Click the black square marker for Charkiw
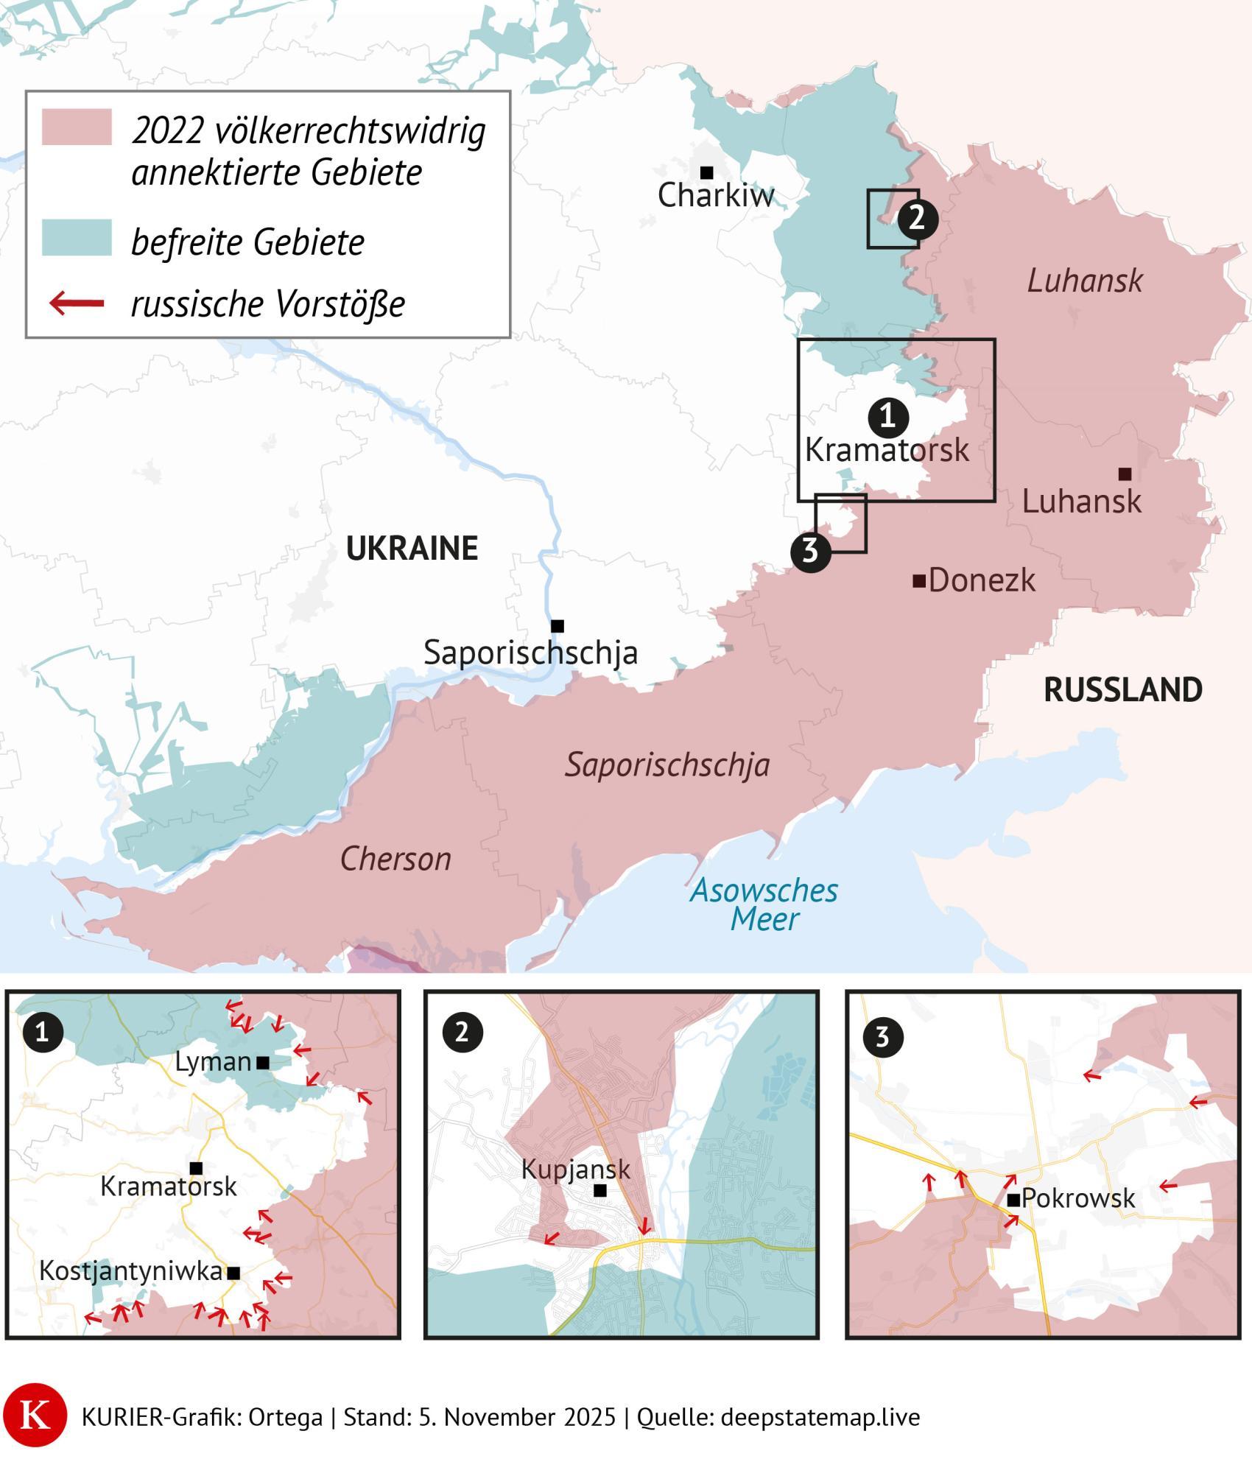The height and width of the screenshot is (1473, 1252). pyautogui.click(x=706, y=173)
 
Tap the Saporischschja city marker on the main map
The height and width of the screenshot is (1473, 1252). pyautogui.click(x=558, y=626)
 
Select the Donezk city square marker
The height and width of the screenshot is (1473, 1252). pyautogui.click(x=918, y=581)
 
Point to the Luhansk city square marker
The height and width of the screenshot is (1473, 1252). pyautogui.click(x=1125, y=474)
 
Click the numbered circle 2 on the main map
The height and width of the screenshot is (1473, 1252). pyautogui.click(x=917, y=219)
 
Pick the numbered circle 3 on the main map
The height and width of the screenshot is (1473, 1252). pyautogui.click(x=810, y=550)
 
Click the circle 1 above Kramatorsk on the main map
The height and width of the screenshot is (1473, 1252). pyautogui.click(x=887, y=417)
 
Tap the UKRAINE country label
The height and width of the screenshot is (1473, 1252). pyautogui.click(x=412, y=549)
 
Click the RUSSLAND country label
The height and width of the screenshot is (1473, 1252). pyautogui.click(x=1122, y=690)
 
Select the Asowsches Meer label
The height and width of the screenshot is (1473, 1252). pyautogui.click(x=764, y=904)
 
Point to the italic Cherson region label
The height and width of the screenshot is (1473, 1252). pyautogui.click(x=395, y=859)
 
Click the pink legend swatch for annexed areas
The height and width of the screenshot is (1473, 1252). pyautogui.click(x=77, y=127)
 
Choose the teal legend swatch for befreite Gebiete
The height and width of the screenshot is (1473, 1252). pyautogui.click(x=77, y=238)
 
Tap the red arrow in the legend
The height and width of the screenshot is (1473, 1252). pyautogui.click(x=77, y=303)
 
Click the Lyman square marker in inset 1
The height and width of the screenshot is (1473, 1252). pyautogui.click(x=263, y=1062)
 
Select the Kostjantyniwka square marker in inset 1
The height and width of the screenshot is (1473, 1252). pyautogui.click(x=233, y=1273)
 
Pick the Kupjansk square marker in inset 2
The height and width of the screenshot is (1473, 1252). pyautogui.click(x=600, y=1190)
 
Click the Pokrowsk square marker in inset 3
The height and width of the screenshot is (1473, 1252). pyautogui.click(x=1013, y=1200)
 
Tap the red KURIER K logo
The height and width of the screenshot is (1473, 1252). pyautogui.click(x=34, y=1417)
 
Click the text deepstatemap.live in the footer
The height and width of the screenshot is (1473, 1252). pyautogui.click(x=820, y=1418)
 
